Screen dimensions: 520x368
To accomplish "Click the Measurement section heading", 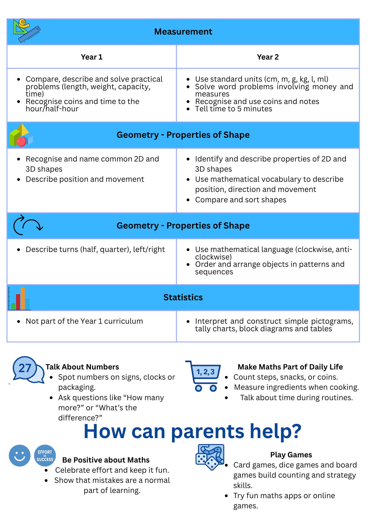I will coord(183,32).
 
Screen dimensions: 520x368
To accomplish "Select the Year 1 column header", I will coord(92,57).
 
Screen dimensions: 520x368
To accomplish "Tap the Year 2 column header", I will coord(268,57).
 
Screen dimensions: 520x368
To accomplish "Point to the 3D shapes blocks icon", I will coord(21,135).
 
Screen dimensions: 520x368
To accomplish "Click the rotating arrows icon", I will coord(28,225).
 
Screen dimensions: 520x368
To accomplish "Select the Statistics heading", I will coord(183,297).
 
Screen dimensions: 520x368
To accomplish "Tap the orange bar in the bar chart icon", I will coord(23,298).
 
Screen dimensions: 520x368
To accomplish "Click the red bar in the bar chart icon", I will coord(18,302).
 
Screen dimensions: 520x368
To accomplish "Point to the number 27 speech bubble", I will coord(25,368).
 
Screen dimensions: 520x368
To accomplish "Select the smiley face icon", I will coord(20,456).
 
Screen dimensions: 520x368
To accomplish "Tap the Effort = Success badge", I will coord(45,456).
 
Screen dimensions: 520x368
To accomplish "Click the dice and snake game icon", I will coord(210,457).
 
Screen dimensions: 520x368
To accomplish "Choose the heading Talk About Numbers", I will coord(82,367).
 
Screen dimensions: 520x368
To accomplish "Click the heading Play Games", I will coord(291,455).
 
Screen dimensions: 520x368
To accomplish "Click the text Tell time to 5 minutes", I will coord(233,109).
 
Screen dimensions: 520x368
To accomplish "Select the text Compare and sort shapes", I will coord(240,200).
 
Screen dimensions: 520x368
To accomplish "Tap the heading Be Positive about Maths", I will coord(106,460).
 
